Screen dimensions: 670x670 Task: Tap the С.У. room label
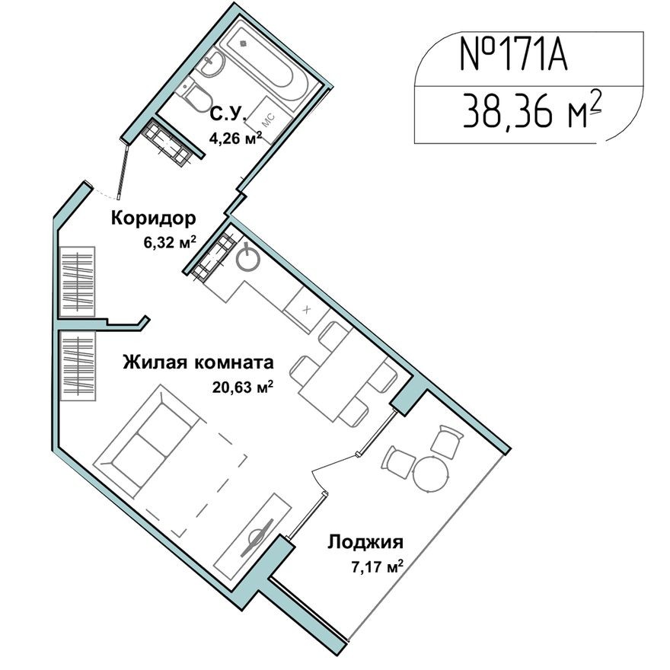pyautogui.click(x=227, y=115)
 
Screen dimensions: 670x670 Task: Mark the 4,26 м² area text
pyautogui.click(x=235, y=139)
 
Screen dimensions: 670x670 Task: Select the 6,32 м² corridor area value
pyautogui.click(x=171, y=243)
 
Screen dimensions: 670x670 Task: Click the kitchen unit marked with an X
pyautogui.click(x=306, y=310)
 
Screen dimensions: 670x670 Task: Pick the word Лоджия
pyautogui.click(x=365, y=543)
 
